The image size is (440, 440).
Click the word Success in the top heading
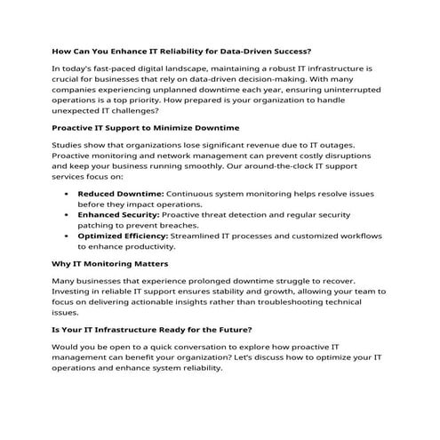click(x=288, y=51)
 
